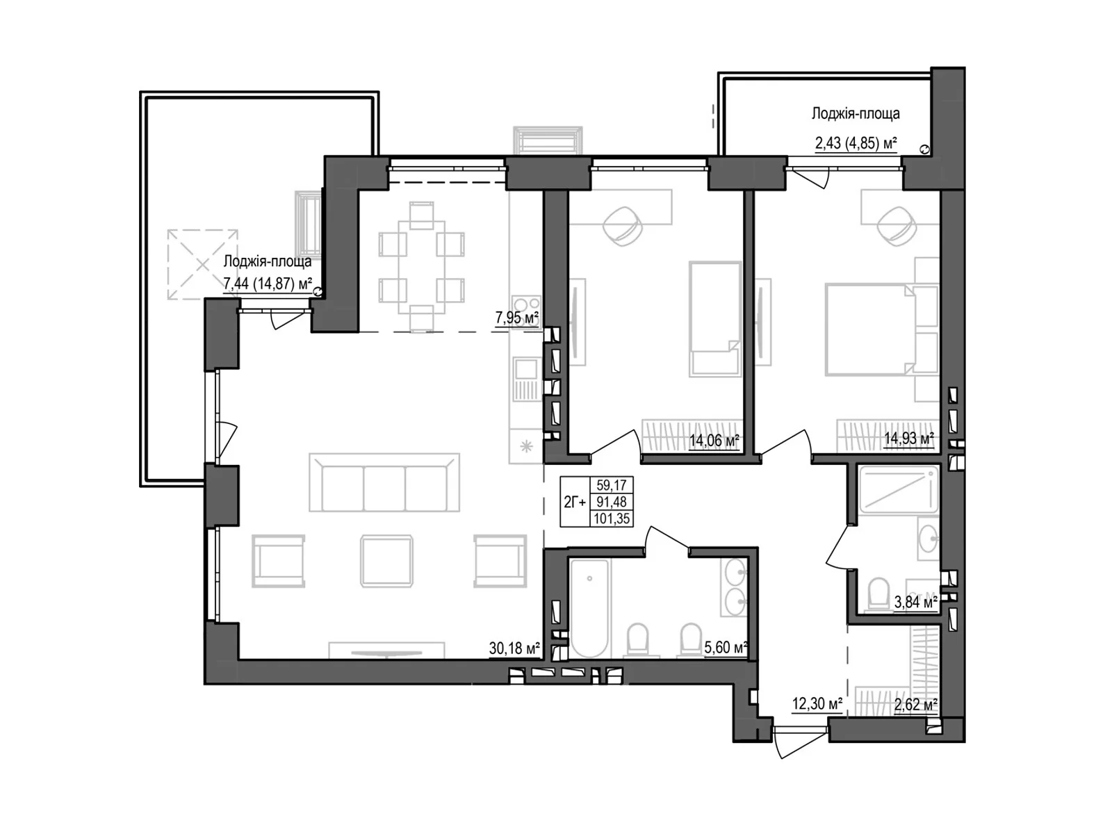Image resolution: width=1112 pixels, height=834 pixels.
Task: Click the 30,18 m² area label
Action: [514, 648]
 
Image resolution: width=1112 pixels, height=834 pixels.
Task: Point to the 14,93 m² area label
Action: [909, 438]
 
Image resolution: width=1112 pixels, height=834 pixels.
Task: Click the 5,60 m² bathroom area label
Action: [726, 646]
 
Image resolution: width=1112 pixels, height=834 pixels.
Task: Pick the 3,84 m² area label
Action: [916, 602]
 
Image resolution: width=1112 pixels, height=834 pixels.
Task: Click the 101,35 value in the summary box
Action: [612, 519]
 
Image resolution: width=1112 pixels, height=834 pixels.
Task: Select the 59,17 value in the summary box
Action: [612, 485]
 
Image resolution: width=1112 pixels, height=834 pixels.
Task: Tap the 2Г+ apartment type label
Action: [575, 502]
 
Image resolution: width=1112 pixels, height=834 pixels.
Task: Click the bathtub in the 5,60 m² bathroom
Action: [589, 608]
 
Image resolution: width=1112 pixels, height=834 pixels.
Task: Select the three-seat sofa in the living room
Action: [384, 482]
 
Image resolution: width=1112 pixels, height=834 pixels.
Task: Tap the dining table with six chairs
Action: [421, 267]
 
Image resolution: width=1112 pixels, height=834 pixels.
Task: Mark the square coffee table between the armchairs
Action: [386, 562]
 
